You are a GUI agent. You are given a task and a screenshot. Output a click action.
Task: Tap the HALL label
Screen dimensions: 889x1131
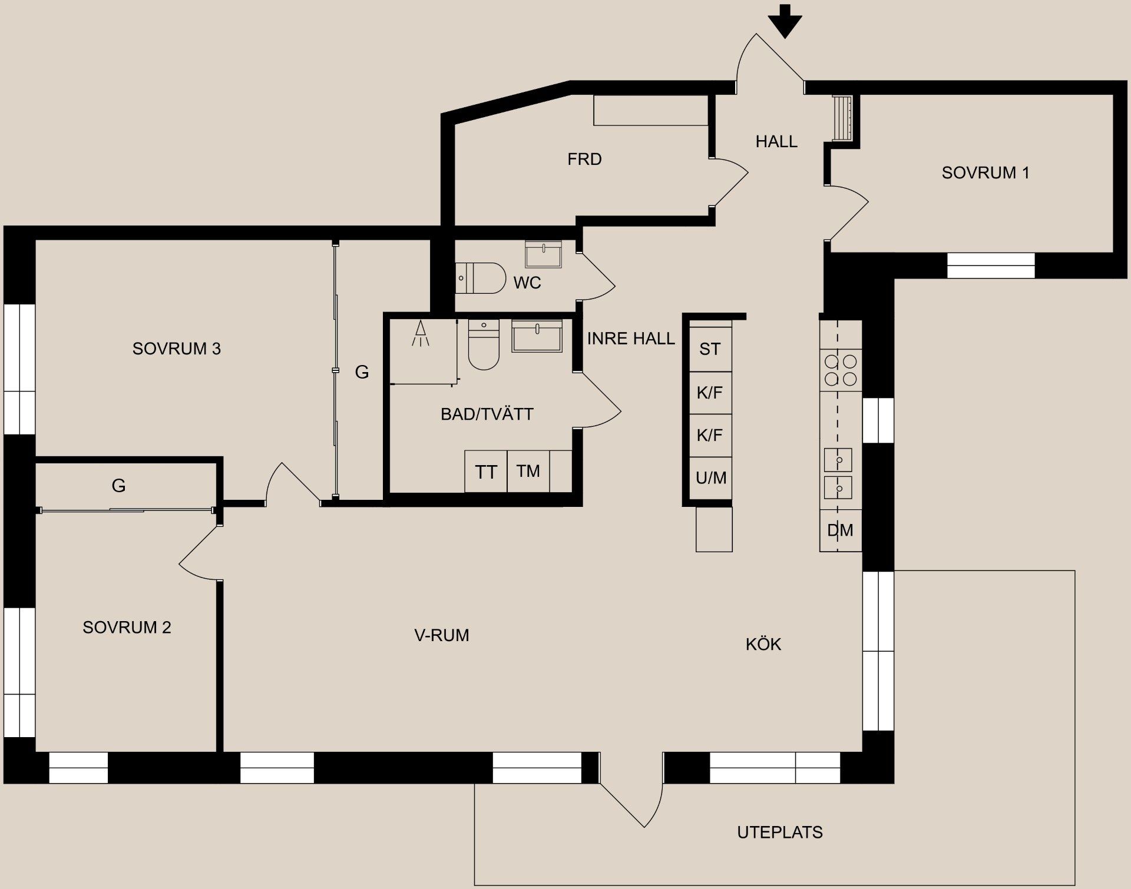[x=776, y=141]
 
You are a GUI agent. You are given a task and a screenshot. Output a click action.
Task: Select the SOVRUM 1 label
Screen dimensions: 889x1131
[x=985, y=173]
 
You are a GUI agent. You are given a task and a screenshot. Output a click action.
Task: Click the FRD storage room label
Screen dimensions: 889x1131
[x=584, y=159]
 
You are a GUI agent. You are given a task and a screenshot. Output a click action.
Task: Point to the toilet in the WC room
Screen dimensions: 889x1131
[x=480, y=278]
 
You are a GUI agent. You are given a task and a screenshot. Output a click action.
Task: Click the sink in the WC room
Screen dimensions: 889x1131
[x=543, y=254]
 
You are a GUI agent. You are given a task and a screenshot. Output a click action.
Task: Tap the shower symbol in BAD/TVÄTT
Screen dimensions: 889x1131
[x=421, y=334]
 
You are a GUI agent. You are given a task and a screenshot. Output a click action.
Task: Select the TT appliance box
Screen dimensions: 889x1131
[x=485, y=472]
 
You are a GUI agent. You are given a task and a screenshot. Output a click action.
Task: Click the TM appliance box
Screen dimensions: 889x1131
[x=528, y=471]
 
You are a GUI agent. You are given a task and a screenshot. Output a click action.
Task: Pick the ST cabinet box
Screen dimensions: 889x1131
[x=710, y=349]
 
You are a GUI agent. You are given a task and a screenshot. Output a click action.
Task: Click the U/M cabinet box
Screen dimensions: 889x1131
[x=710, y=477]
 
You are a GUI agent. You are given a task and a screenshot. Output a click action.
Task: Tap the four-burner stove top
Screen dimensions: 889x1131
[x=841, y=370]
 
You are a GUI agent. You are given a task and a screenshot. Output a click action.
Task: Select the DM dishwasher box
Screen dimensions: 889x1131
[x=840, y=530]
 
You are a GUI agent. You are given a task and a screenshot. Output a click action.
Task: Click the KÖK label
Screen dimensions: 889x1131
[x=763, y=644]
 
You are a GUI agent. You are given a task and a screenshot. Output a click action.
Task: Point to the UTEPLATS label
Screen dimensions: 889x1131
[x=779, y=832]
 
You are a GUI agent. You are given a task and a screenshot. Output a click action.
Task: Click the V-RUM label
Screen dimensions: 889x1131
[x=441, y=635]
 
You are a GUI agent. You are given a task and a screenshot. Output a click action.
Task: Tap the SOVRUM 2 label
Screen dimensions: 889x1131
[x=127, y=627]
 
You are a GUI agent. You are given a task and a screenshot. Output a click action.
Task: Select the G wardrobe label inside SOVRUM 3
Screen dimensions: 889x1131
[x=362, y=372]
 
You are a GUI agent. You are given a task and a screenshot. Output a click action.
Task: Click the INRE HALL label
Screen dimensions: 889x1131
[x=630, y=339]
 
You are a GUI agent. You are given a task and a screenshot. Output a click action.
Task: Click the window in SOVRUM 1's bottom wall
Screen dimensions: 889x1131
[x=991, y=266]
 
